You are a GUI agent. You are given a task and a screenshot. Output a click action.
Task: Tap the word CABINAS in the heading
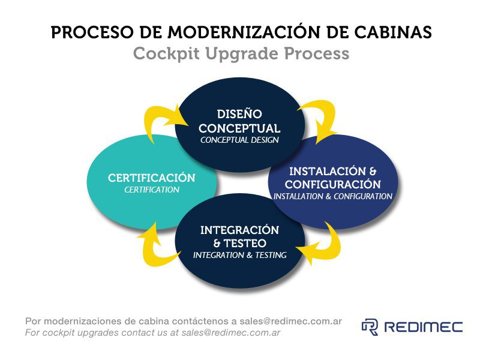click(x=393, y=32)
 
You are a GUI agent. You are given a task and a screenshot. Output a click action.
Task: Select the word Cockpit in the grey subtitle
click(x=167, y=54)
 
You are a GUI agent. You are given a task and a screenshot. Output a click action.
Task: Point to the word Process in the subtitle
click(x=317, y=53)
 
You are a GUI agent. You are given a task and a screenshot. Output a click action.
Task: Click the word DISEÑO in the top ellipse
click(x=239, y=113)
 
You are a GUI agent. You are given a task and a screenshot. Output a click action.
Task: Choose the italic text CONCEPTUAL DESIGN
click(x=239, y=140)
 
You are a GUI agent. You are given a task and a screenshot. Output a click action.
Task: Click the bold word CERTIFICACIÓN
click(x=152, y=178)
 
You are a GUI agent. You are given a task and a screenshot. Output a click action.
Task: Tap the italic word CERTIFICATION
click(x=152, y=190)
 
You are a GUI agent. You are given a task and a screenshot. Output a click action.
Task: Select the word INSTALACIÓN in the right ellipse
click(x=328, y=171)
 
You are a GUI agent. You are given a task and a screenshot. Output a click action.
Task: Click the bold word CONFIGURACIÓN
click(x=333, y=184)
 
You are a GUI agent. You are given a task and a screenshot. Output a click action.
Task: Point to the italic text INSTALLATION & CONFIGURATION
click(x=333, y=196)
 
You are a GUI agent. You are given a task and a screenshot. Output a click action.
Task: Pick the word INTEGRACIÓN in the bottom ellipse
click(x=239, y=230)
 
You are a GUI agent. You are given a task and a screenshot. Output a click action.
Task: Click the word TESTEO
click(x=245, y=244)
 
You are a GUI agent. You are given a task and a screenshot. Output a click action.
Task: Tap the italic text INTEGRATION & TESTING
click(x=239, y=255)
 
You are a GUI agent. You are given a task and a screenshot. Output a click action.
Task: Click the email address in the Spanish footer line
click(x=290, y=321)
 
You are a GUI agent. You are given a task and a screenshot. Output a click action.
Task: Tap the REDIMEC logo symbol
click(x=370, y=327)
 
